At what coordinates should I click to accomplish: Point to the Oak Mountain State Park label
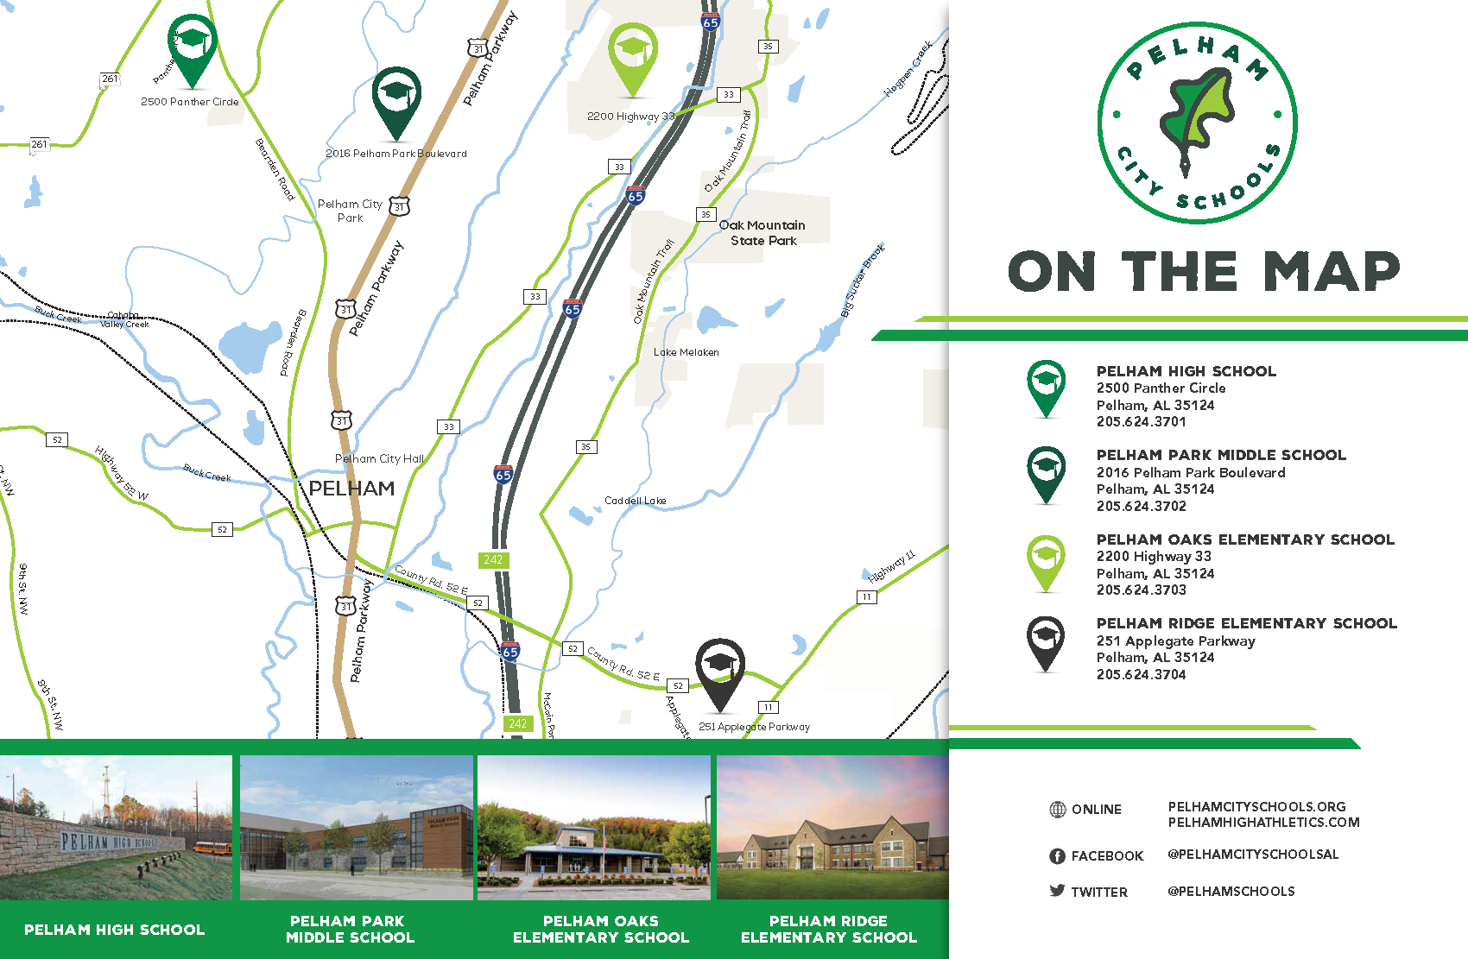762,233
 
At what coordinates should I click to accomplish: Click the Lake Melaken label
686,352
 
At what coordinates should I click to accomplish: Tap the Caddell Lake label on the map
635,501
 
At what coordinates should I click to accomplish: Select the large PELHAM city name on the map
351,489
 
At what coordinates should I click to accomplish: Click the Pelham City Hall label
379,458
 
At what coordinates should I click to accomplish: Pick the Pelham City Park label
350,211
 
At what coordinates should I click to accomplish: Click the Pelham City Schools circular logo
1197,123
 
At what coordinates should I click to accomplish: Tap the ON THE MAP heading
1203,272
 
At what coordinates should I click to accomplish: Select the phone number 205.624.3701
1141,422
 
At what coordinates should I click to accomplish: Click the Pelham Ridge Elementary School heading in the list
1246,623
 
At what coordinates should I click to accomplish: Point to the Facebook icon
1057,856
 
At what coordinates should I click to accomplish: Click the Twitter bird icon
1057,891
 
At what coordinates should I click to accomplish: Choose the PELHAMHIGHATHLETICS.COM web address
1263,823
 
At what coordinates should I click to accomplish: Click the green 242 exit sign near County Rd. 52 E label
493,559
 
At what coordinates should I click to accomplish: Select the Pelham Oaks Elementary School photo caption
601,929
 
